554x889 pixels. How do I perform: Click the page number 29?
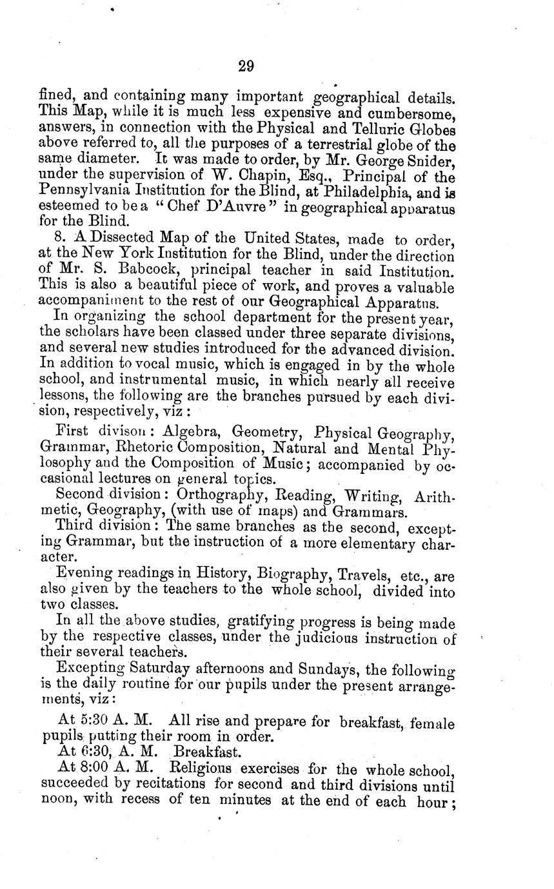246,66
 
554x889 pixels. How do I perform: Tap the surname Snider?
433,161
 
